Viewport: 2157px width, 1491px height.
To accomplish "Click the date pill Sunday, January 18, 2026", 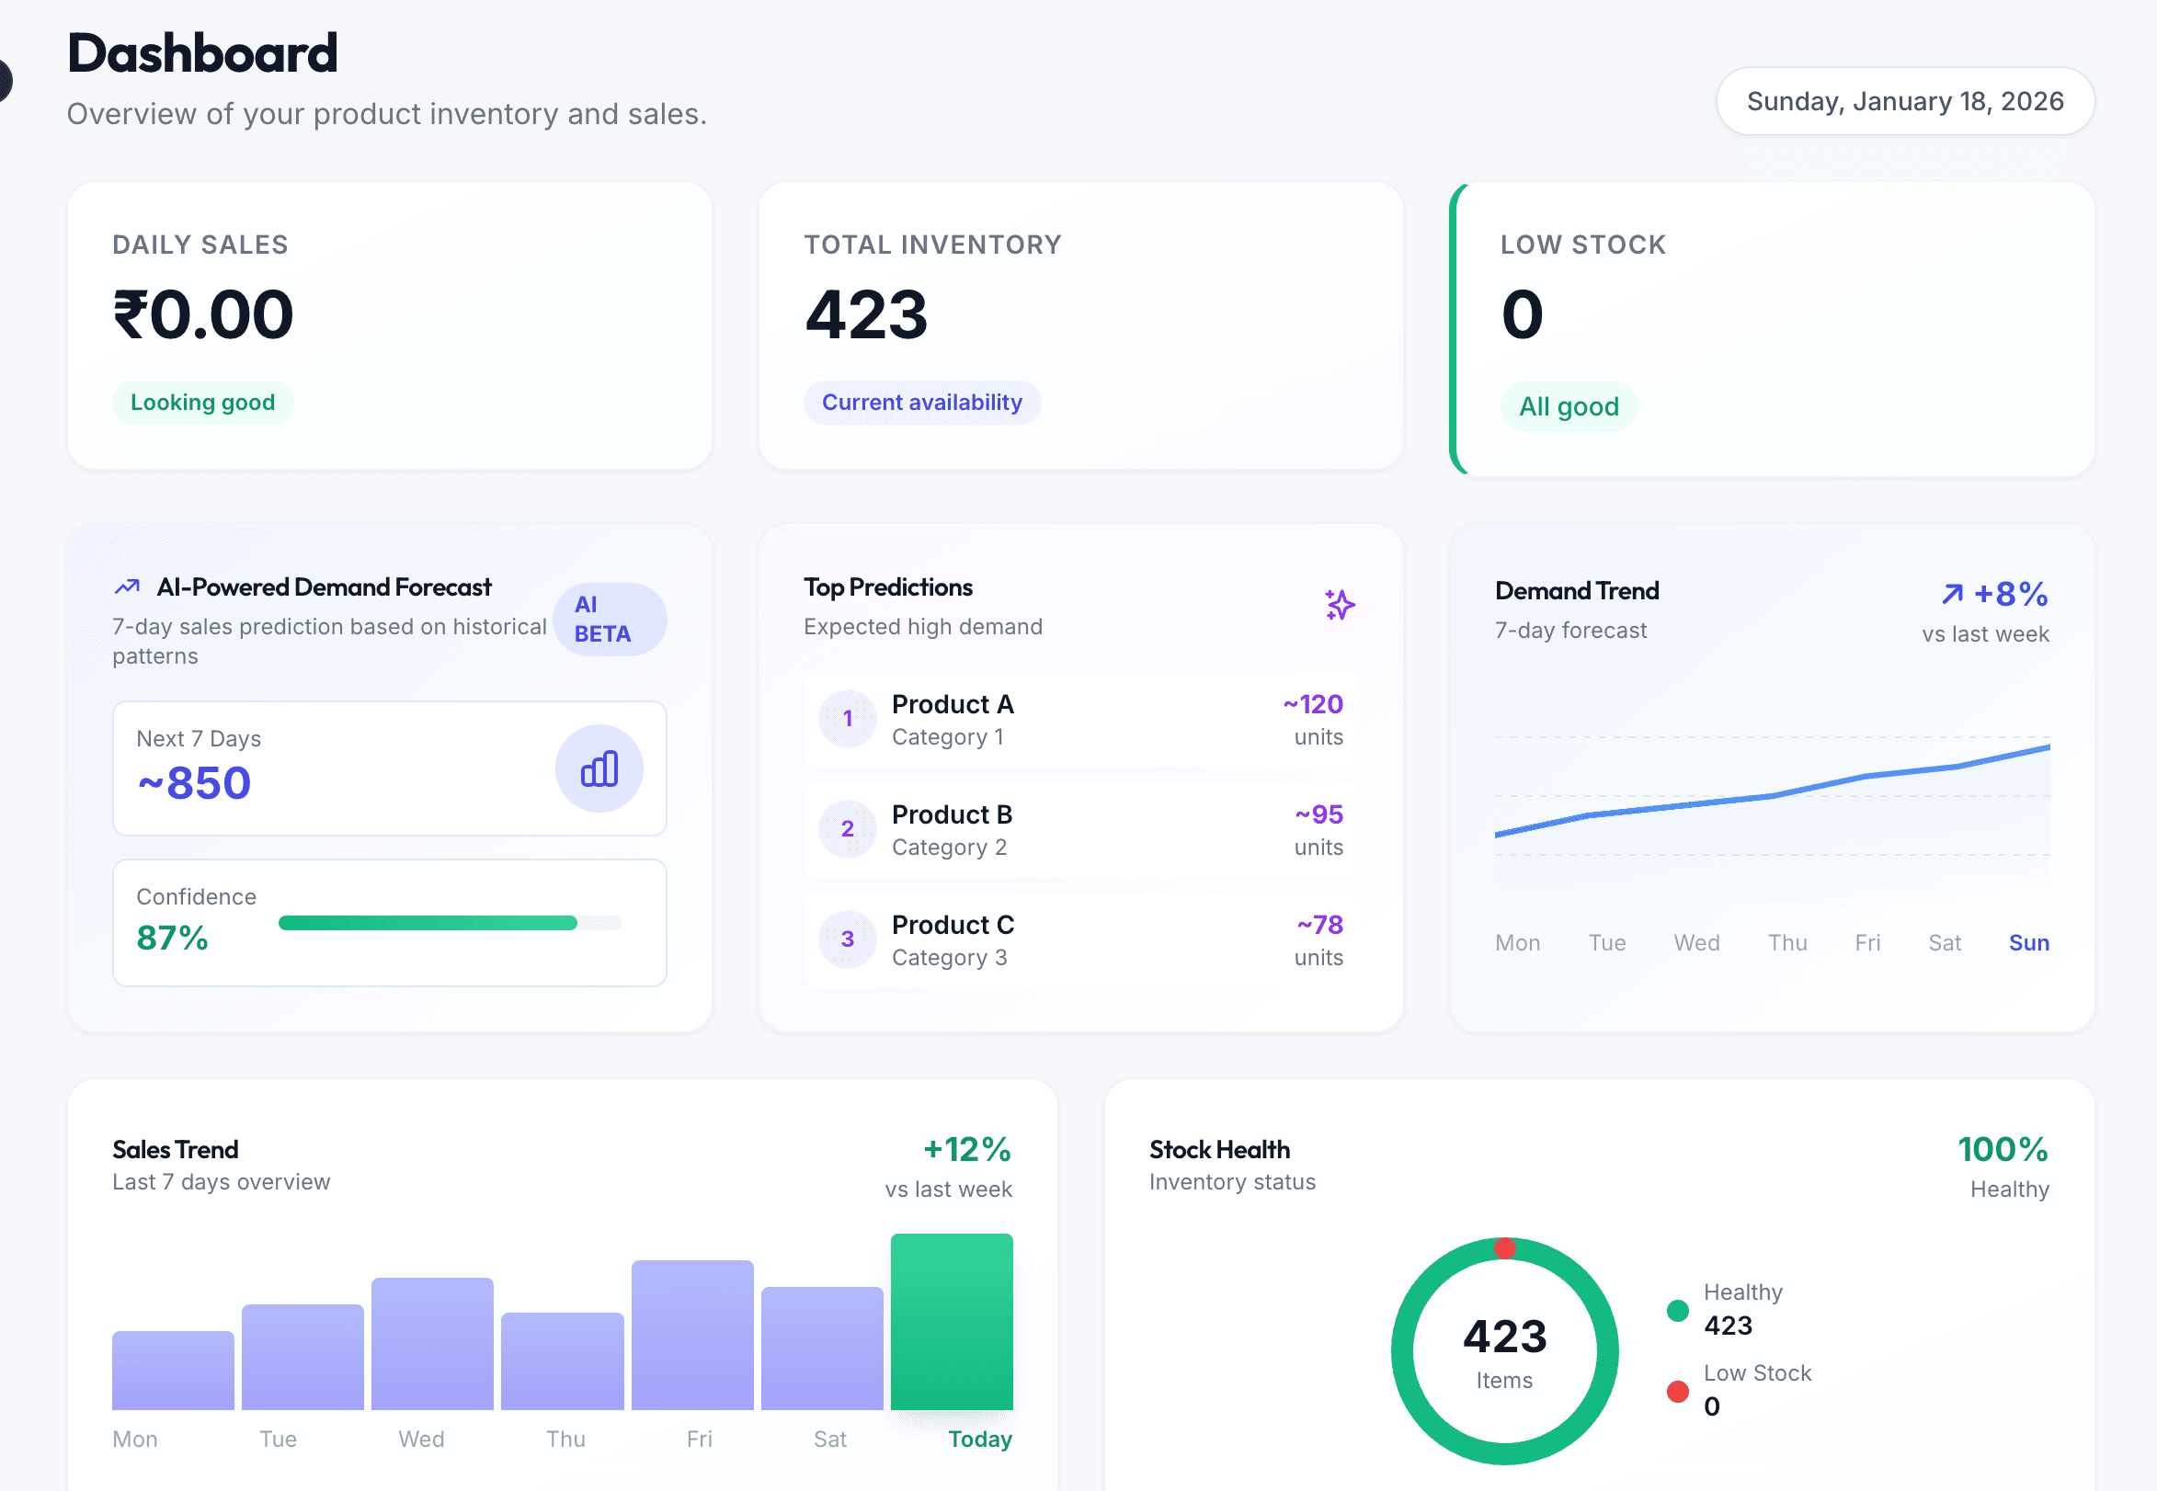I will [x=1904, y=101].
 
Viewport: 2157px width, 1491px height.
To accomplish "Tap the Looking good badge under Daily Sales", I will [x=202, y=403].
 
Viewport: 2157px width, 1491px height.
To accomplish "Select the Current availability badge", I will [x=921, y=403].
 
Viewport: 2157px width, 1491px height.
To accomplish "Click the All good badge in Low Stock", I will [x=1568, y=406].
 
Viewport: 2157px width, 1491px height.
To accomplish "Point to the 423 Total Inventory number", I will [x=866, y=314].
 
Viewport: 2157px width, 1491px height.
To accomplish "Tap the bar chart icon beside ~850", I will [x=599, y=768].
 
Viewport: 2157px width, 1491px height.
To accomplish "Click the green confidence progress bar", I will [x=428, y=923].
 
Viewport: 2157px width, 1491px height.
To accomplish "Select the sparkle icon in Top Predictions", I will [x=1339, y=605].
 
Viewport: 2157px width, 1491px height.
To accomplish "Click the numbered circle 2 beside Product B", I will [x=848, y=828].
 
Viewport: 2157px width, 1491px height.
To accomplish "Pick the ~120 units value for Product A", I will [x=1313, y=704].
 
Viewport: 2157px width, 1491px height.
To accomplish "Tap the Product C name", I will [x=952, y=925].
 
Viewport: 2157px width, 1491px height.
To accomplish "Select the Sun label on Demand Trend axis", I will [x=2028, y=942].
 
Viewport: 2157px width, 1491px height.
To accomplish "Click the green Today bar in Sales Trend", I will [x=951, y=1321].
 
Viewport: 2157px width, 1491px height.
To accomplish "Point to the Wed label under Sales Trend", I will [x=421, y=1439].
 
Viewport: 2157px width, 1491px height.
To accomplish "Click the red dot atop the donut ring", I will [x=1504, y=1248].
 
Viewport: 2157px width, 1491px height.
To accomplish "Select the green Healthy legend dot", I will [x=1677, y=1311].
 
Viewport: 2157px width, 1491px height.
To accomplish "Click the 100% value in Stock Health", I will [x=2002, y=1149].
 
